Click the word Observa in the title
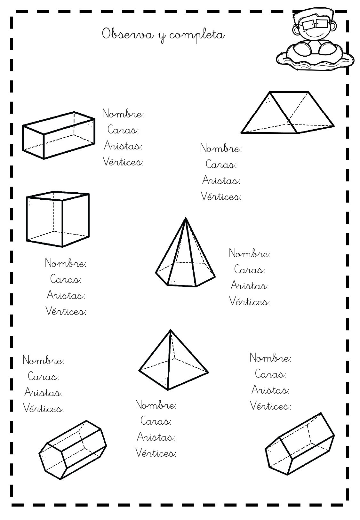click(128, 35)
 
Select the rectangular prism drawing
click(59, 135)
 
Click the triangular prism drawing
click(287, 112)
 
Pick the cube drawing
click(58, 219)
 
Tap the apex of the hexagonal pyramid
click(186, 218)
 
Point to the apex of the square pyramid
click(170, 330)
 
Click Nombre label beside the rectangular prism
click(123, 114)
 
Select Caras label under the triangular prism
click(221, 164)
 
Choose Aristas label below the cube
click(66, 295)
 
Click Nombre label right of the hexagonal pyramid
click(250, 253)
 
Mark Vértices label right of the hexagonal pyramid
click(250, 301)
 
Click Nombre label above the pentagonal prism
click(270, 357)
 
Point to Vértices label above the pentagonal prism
click(270, 405)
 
